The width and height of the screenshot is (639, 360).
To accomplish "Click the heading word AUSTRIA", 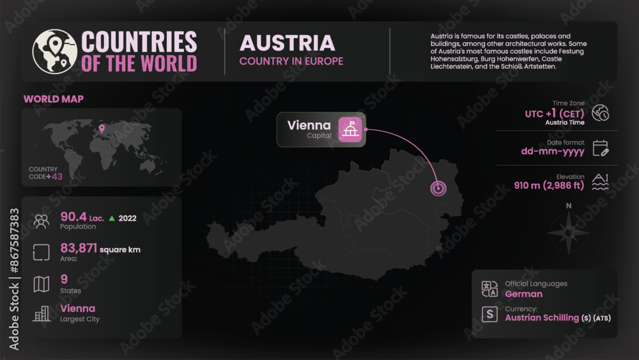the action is [287, 43].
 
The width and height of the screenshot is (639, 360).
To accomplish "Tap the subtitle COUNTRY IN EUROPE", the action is [291, 61].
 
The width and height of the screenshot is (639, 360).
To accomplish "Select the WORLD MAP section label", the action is [54, 99].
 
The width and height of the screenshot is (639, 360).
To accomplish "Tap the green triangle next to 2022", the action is [112, 218].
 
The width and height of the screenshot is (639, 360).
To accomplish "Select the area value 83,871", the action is [78, 248].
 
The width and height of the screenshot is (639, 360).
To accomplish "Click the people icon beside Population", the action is [42, 221].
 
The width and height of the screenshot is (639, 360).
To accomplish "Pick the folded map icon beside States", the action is [42, 284].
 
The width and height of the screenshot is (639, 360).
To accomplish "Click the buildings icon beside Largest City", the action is [42, 313].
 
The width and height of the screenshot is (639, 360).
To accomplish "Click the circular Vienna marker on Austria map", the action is [438, 189].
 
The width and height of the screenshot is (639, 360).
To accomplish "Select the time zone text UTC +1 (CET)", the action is [555, 113].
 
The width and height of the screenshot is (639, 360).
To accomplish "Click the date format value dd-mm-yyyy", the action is [553, 152].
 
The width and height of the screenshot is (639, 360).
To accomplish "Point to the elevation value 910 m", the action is [528, 186].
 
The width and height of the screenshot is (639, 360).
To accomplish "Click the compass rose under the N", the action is [569, 231].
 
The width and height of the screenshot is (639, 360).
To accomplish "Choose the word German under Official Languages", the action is [523, 294].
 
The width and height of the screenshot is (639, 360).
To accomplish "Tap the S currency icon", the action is [489, 314].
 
